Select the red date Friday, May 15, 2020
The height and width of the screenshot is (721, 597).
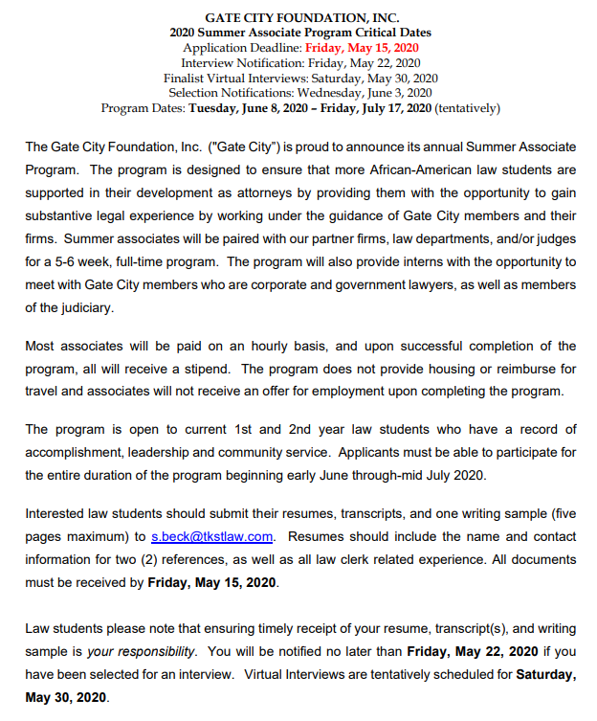tap(362, 46)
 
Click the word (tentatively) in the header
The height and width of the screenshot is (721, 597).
tap(467, 108)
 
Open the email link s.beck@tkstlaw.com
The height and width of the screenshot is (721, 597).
tap(212, 536)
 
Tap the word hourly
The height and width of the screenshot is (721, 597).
tap(254, 346)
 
